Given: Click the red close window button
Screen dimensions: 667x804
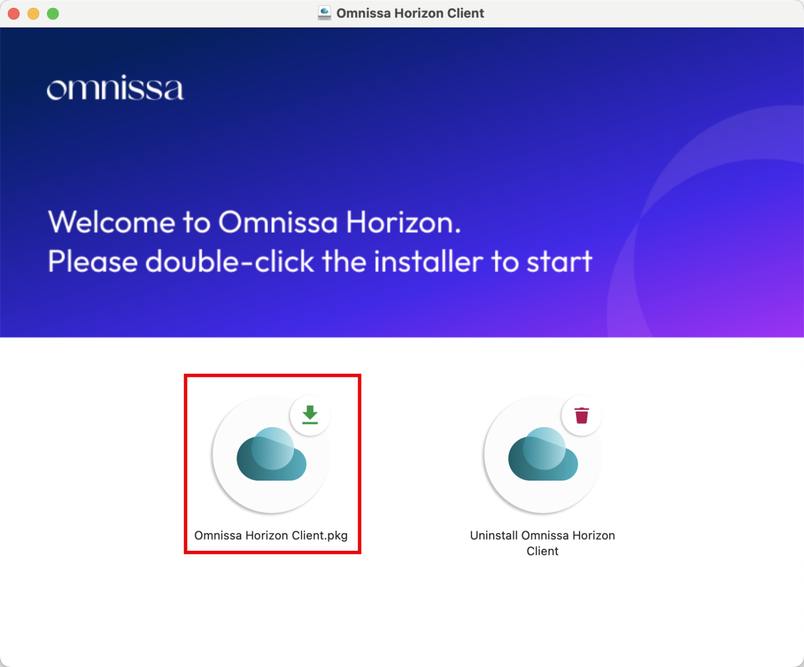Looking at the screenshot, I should (14, 14).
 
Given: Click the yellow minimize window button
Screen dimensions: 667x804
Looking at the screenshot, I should (33, 14).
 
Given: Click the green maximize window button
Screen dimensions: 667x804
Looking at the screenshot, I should (53, 14).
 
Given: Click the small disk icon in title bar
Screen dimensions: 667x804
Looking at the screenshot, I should (325, 13).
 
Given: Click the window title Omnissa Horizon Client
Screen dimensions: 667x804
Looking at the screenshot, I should (410, 13).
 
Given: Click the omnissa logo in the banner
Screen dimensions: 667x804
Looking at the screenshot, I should (115, 88).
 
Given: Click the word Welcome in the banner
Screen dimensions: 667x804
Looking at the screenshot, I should (111, 223).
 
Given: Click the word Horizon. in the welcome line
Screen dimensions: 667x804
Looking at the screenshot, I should (403, 223).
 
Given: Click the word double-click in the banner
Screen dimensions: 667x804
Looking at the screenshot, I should (229, 261).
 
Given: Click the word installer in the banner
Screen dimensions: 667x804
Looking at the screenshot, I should (428, 261).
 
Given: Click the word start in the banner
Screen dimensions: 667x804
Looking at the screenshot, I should (559, 261).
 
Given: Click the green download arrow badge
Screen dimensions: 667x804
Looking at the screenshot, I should (310, 415).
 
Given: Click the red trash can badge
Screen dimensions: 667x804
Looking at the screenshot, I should (582, 415).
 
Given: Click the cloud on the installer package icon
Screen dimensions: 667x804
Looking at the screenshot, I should (271, 455).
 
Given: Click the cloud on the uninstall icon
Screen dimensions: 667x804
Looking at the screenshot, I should (543, 455).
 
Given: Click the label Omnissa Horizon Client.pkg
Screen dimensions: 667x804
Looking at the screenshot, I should (271, 535).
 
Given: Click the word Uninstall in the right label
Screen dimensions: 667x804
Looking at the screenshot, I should (494, 535).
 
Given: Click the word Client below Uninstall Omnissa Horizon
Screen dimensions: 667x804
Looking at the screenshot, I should (542, 551).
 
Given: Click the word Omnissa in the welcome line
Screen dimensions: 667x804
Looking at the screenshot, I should (278, 223).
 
